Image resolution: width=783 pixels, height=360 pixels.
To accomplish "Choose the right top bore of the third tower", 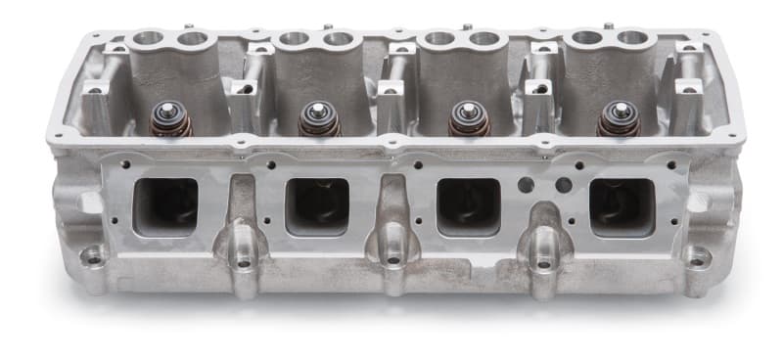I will pyautogui.click(x=485, y=39).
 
